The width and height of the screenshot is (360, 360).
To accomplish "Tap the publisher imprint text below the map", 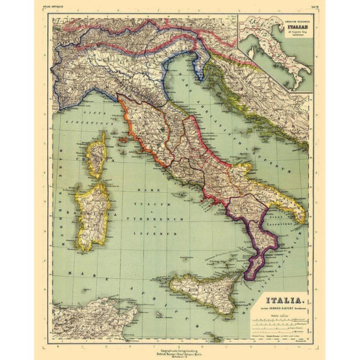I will pos(180,344).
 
